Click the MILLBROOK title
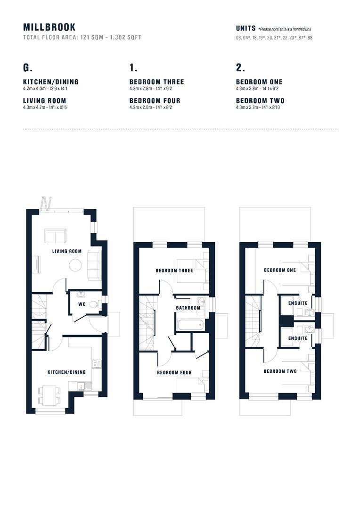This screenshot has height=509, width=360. click(x=49, y=27)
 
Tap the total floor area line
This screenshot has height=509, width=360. click(x=82, y=37)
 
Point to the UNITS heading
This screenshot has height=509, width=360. click(x=246, y=29)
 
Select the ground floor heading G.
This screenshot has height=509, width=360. click(x=28, y=67)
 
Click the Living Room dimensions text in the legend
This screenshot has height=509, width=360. click(x=45, y=107)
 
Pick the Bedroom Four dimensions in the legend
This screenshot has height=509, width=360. click(x=151, y=107)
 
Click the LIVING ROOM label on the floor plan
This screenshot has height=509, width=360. click(x=67, y=251)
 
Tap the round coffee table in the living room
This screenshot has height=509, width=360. click(x=75, y=265)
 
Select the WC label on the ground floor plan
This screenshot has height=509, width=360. click(x=82, y=304)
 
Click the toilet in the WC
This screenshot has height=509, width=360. click(x=94, y=304)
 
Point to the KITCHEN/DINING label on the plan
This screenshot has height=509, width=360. click(x=66, y=372)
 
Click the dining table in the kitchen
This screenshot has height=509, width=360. click(x=49, y=395)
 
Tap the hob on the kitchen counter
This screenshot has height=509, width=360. click(x=97, y=364)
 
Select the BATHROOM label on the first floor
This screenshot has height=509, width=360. click(x=188, y=308)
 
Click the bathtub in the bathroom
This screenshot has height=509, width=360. click(x=190, y=325)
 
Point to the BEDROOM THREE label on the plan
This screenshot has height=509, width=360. click(x=174, y=271)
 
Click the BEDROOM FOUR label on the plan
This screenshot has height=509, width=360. click(x=174, y=372)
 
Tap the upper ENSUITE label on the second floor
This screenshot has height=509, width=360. click(x=298, y=303)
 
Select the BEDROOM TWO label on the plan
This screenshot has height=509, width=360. click(x=280, y=371)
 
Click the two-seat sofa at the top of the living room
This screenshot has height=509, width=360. click(x=56, y=236)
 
